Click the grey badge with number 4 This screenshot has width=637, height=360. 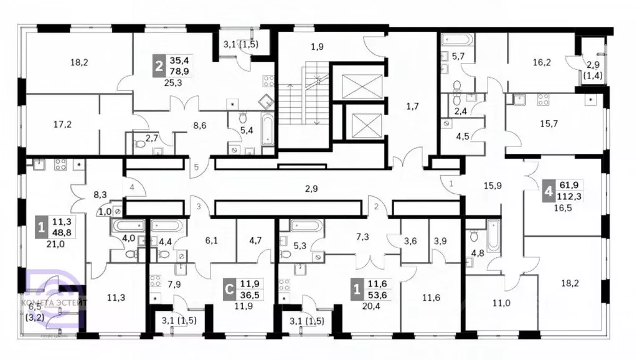(x=548, y=192)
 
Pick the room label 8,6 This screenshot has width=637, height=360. (x=201, y=125)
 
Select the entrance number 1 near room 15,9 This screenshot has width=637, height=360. (x=451, y=183)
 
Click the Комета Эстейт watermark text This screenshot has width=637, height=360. (x=55, y=302)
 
